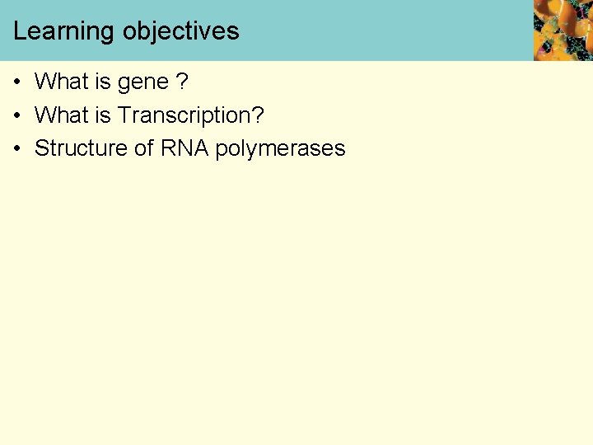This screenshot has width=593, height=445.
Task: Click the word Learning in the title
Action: pyautogui.click(x=64, y=32)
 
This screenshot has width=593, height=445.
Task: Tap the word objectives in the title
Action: pyautogui.click(x=181, y=32)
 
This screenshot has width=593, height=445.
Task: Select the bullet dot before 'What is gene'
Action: pyautogui.click(x=16, y=82)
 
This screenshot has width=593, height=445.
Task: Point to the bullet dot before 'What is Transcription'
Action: pyautogui.click(x=16, y=116)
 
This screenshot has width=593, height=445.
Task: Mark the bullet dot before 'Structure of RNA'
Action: pyautogui.click(x=16, y=149)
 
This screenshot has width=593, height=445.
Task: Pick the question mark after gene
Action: pyautogui.click(x=183, y=82)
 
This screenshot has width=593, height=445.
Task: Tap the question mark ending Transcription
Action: pyautogui.click(x=258, y=115)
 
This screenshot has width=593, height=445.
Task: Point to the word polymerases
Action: pyautogui.click(x=280, y=150)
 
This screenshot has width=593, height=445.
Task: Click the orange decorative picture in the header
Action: pyautogui.click(x=563, y=30)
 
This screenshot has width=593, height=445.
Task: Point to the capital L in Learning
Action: pyautogui.click(x=19, y=31)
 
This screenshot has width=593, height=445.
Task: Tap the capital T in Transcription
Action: pyautogui.click(x=124, y=115)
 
